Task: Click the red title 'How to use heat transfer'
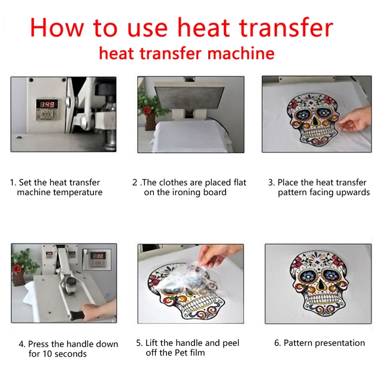coord(181,27)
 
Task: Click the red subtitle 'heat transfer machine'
coord(187,54)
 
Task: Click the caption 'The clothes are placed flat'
coord(190,183)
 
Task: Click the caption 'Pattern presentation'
coord(319,343)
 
